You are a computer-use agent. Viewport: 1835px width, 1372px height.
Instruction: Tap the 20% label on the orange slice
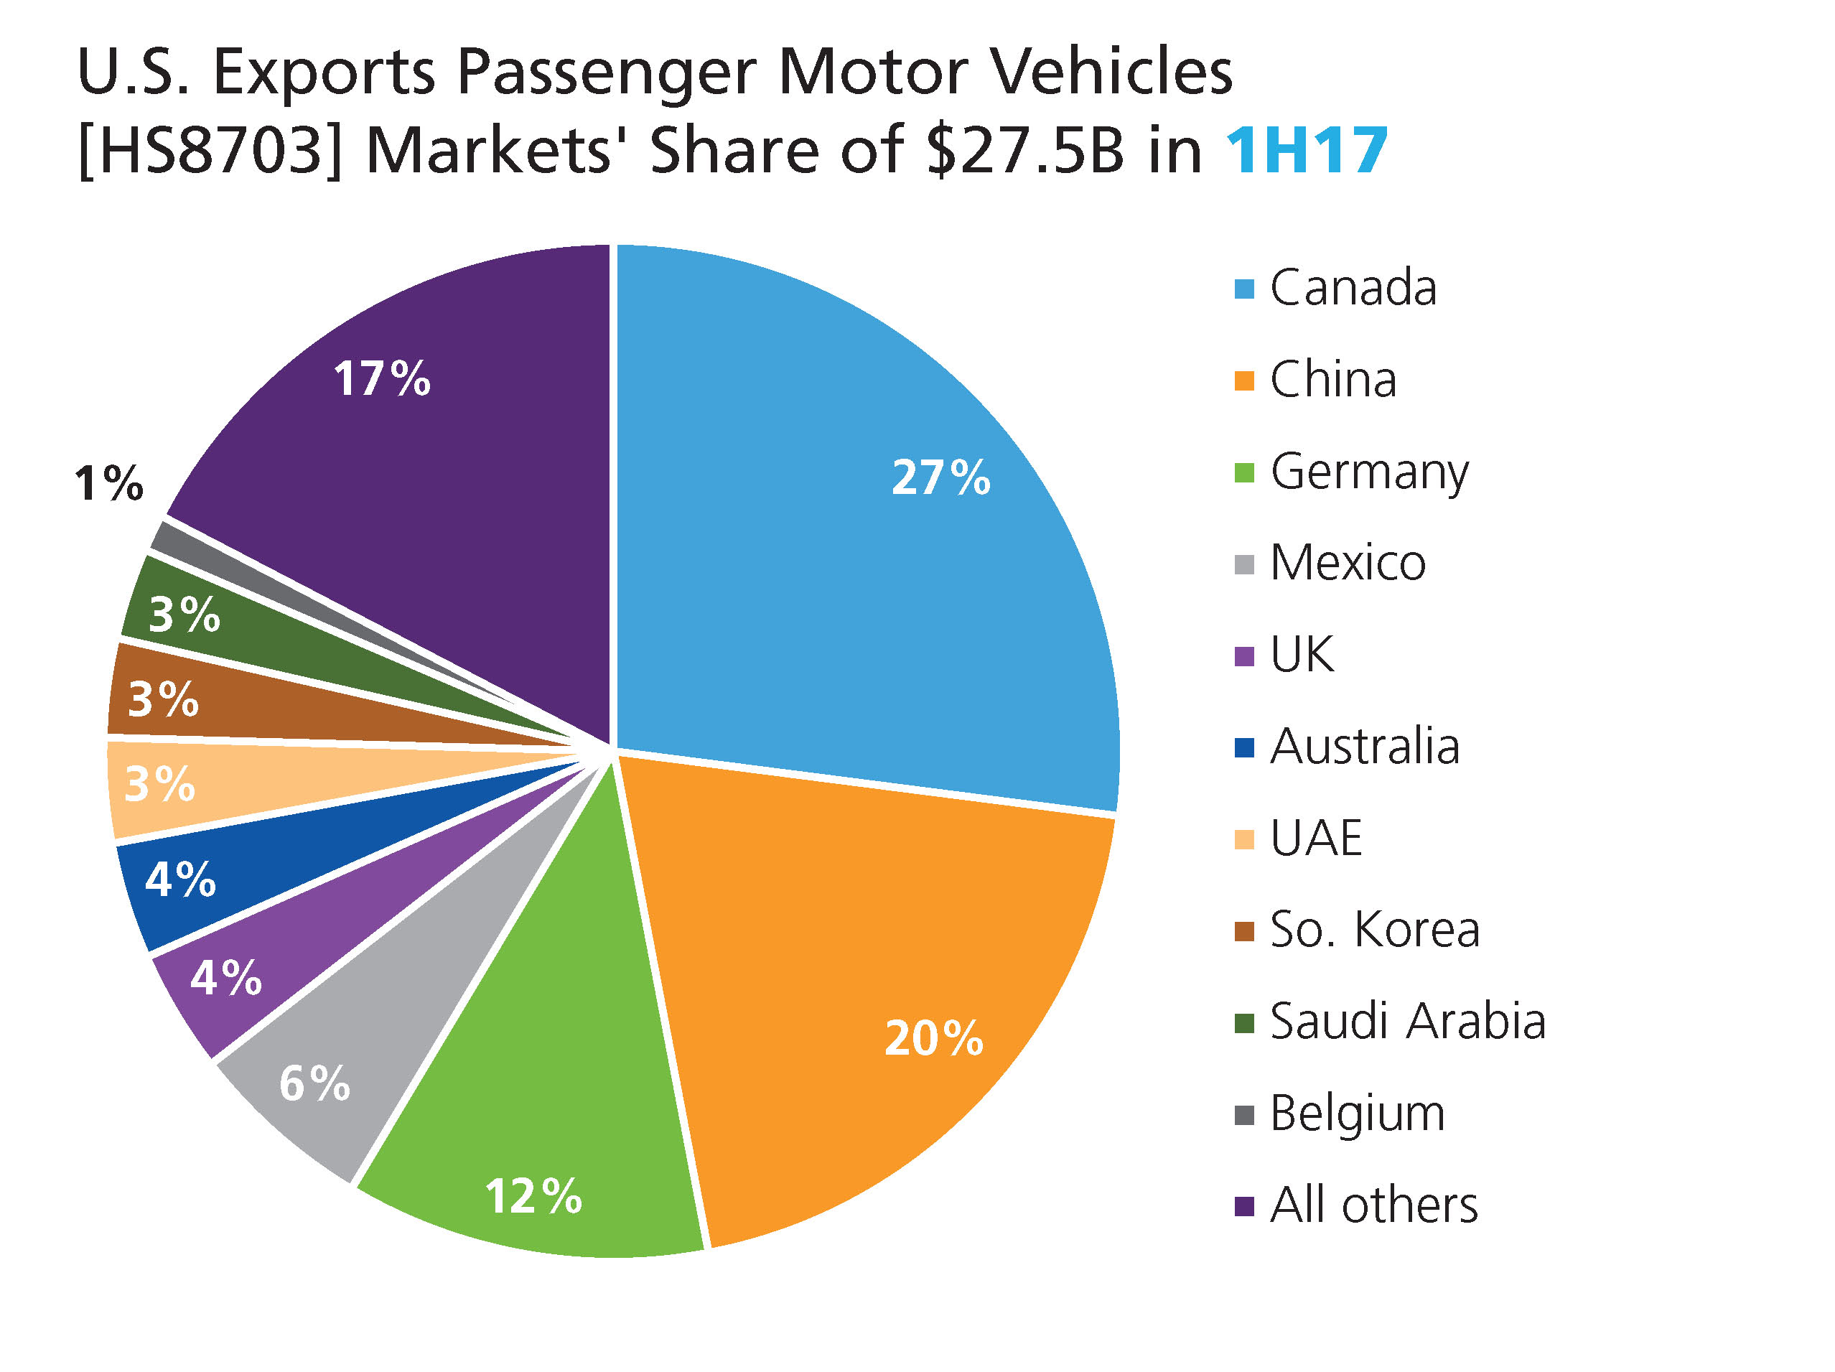(x=933, y=1039)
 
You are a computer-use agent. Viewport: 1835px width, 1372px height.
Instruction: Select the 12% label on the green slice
(x=533, y=1196)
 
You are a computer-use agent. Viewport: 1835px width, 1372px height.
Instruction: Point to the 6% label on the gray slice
(x=314, y=1083)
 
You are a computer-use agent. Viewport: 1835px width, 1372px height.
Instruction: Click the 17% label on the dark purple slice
(x=382, y=378)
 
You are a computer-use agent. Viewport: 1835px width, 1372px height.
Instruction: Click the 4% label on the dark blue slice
(x=180, y=879)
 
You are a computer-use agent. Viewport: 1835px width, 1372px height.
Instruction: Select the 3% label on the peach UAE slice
(x=159, y=784)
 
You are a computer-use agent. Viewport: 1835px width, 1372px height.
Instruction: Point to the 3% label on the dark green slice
(x=185, y=615)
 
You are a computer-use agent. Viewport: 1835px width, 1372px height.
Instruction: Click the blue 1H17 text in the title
(x=1306, y=151)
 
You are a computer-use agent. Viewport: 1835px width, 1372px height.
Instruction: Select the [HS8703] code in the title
(x=210, y=151)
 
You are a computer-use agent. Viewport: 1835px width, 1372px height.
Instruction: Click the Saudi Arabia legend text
(x=1408, y=1021)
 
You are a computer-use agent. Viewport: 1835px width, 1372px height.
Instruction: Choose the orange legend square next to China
(x=1243, y=381)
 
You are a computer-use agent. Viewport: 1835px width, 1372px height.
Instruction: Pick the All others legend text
(x=1374, y=1205)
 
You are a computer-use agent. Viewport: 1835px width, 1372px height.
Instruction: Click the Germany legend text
(x=1369, y=473)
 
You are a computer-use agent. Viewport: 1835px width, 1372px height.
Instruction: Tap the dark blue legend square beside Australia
(x=1243, y=747)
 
